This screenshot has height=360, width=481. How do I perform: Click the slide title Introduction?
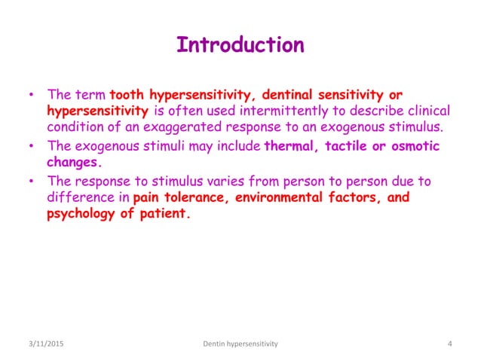coord(240,45)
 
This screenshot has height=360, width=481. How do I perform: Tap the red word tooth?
coord(127,96)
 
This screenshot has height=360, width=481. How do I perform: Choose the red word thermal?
coord(292,145)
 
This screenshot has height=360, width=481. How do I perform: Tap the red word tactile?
coord(348,145)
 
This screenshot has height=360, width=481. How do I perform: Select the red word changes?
coord(73,160)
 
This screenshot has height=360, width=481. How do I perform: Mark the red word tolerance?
coord(195,197)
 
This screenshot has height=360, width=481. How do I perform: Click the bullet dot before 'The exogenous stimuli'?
coord(32,146)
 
